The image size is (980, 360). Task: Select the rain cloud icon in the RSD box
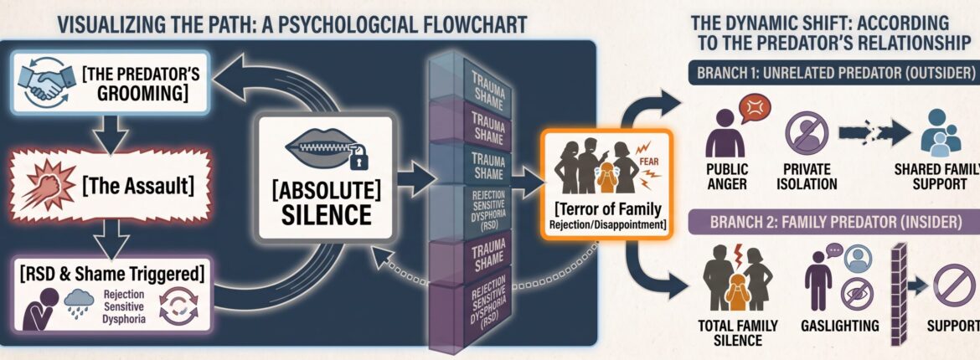79,303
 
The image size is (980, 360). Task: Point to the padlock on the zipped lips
358,159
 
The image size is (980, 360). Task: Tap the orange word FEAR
649,162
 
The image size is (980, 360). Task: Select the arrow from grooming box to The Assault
114,132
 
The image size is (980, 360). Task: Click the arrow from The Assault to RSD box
114,239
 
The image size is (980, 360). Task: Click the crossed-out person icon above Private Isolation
807,132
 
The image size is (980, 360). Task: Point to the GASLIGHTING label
839,326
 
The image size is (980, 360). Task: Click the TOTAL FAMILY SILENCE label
737,333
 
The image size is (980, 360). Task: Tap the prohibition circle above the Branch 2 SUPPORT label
954,285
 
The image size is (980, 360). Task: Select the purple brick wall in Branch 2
898,295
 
